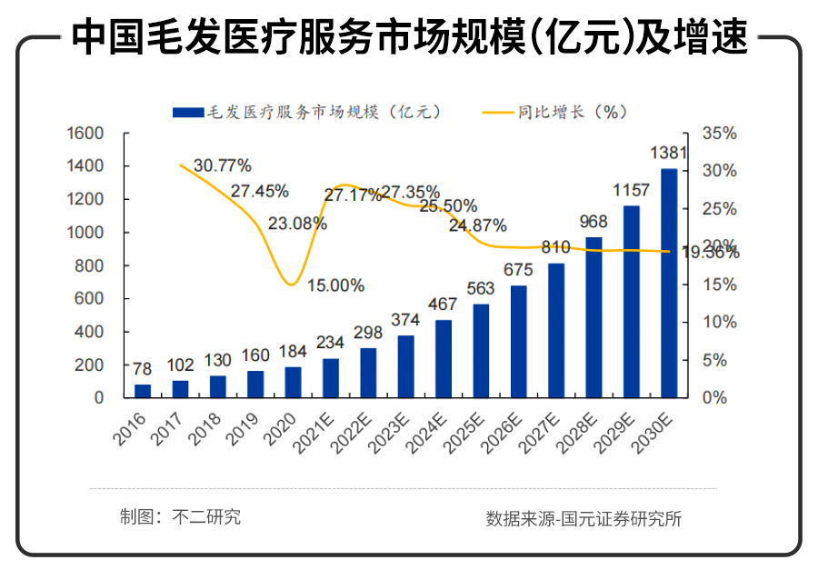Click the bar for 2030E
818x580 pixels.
click(669, 283)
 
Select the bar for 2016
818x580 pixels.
click(143, 391)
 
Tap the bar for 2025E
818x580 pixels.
click(481, 351)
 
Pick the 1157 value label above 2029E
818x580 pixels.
click(632, 190)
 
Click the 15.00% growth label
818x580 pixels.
click(335, 285)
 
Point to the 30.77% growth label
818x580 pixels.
click(223, 165)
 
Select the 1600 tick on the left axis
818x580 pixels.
click(87, 134)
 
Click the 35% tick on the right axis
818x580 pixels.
click(720, 134)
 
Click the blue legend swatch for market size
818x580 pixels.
click(189, 113)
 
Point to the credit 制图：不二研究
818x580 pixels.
click(180, 517)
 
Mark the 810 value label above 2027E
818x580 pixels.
click(554, 247)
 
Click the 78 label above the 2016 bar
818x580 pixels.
click(143, 368)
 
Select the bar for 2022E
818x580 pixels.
click(368, 373)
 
